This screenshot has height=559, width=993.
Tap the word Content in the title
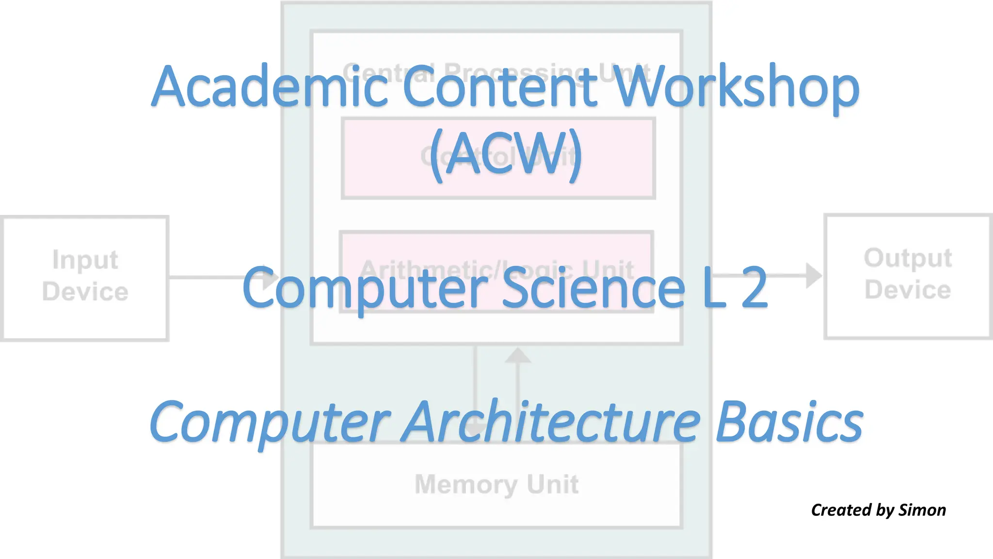point(499,87)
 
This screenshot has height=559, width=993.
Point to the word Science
point(593,288)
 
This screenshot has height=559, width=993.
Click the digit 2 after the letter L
point(754,288)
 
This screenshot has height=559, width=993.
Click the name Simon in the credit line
point(922,510)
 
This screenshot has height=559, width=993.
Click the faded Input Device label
point(85,276)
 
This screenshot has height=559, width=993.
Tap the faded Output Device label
point(908,274)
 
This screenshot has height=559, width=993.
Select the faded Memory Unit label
point(496,484)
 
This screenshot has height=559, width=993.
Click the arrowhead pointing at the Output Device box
point(813,275)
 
